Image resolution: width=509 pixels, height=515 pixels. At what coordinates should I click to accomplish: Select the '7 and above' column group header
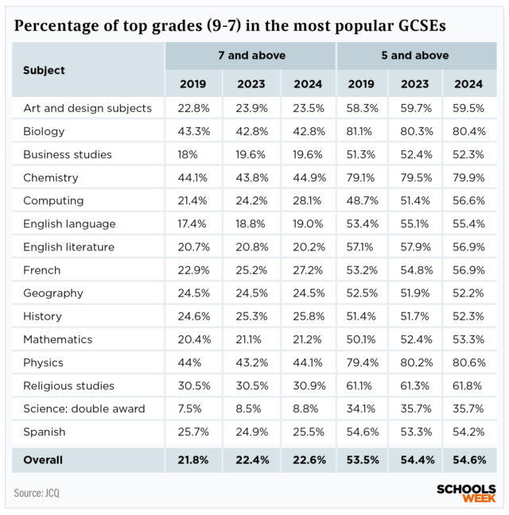click(x=251, y=56)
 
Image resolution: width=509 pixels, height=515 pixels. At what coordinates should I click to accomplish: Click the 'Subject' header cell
click(x=45, y=70)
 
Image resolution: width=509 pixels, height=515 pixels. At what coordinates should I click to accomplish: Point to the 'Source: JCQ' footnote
click(x=37, y=493)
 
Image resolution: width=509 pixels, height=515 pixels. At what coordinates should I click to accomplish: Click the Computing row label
click(x=52, y=201)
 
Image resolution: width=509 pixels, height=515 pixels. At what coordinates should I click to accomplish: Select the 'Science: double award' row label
click(x=84, y=409)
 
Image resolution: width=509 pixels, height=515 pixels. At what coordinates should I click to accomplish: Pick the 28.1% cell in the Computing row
click(x=308, y=201)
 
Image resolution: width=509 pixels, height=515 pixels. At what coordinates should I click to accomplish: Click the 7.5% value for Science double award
click(x=193, y=409)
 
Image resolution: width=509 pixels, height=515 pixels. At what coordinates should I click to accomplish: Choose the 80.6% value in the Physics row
click(x=473, y=363)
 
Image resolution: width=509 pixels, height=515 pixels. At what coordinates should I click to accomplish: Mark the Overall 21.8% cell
click(x=193, y=460)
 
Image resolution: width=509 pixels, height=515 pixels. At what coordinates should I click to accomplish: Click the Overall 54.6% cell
click(x=473, y=460)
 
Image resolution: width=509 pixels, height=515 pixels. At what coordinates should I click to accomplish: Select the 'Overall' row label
click(x=43, y=460)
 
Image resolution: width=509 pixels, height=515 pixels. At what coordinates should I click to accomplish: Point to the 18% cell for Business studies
click(x=193, y=154)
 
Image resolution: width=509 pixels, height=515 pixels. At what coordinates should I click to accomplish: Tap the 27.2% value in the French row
click(x=308, y=270)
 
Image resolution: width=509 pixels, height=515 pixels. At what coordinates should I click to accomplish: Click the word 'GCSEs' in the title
click(x=416, y=25)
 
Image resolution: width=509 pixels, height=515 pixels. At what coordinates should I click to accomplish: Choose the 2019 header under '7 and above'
click(x=193, y=83)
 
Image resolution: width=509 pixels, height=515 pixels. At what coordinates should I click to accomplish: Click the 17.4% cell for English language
click(x=193, y=224)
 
